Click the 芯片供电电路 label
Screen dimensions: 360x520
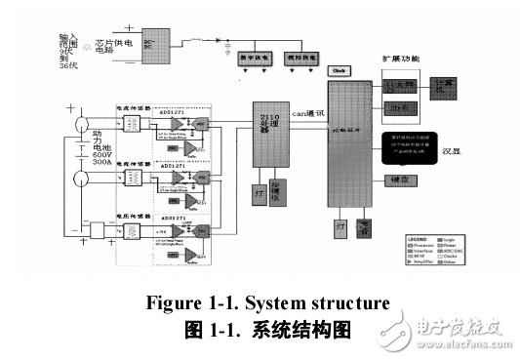pyautogui.click(x=105, y=45)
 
